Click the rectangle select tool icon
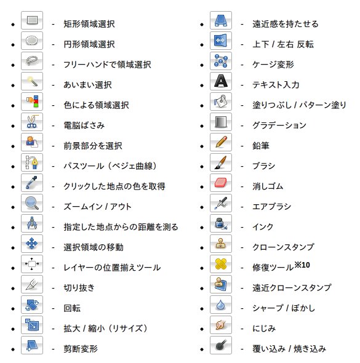(32, 20)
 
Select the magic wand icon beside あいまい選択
(32, 81)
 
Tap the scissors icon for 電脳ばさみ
(32, 122)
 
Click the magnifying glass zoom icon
(32, 203)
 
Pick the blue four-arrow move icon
(32, 244)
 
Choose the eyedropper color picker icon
(32, 183)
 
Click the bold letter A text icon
(221, 81)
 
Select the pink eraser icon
(221, 183)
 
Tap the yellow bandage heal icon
(221, 264)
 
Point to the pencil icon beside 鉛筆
(221, 142)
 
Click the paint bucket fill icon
(221, 102)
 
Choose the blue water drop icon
(221, 305)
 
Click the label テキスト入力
(276, 85)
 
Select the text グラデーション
(279, 126)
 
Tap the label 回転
(72, 308)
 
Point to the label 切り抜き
(79, 288)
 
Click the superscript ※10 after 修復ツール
(302, 265)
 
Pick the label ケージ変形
(273, 65)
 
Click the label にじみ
(264, 329)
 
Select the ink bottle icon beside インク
(221, 223)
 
